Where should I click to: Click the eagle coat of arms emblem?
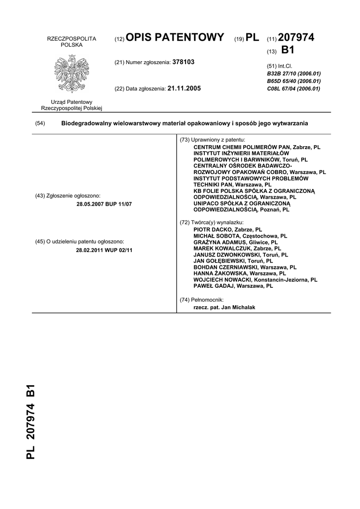71,74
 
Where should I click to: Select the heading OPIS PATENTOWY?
175,37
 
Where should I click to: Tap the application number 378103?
183,62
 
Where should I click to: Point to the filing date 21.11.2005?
184,88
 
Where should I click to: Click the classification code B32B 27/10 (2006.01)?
293,73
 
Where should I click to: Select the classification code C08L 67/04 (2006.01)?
293,88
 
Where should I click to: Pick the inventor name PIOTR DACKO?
213,230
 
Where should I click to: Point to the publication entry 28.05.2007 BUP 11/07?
104,204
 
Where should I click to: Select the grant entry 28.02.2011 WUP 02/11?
104,250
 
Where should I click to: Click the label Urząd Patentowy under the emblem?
72,101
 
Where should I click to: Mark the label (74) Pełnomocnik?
201,300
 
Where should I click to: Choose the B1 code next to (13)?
288,50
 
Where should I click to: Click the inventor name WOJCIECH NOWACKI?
223,279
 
